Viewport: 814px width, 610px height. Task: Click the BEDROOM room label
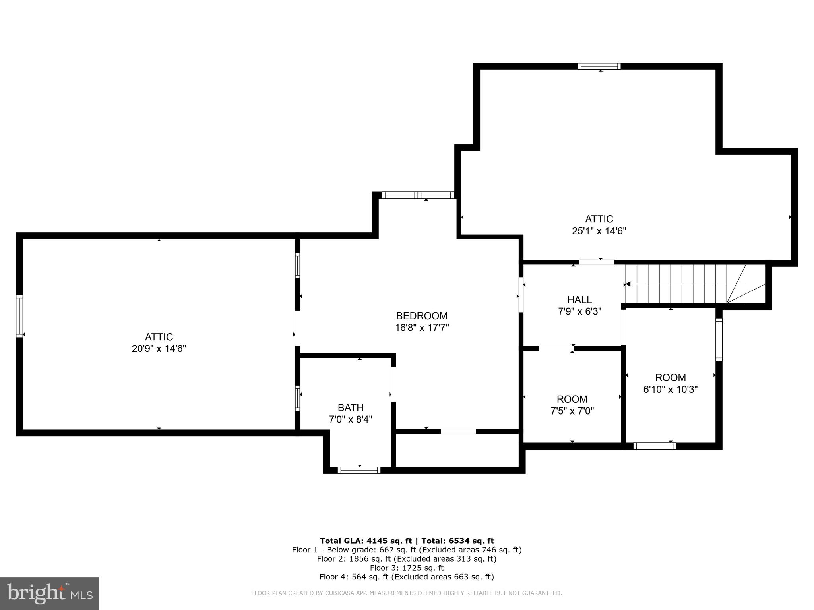[x=421, y=316]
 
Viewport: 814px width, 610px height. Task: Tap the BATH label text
[x=351, y=408]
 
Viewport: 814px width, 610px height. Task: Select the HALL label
[x=579, y=300]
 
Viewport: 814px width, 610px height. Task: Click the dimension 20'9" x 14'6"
[x=159, y=349]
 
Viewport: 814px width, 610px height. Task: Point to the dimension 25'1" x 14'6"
[x=599, y=231]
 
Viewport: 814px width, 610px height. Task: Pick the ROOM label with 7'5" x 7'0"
[x=572, y=399]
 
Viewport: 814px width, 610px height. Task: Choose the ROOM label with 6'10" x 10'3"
[x=670, y=378]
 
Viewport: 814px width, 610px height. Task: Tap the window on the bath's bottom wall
[x=359, y=470]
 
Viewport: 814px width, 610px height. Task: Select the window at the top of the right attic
[x=599, y=66]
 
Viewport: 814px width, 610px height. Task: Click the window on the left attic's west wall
[x=19, y=316]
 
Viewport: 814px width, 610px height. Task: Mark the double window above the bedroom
[x=417, y=195]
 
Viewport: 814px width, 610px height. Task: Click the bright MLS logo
[x=50, y=593]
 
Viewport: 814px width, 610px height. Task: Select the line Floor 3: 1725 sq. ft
[x=407, y=568]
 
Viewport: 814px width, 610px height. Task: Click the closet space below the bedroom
[x=457, y=450]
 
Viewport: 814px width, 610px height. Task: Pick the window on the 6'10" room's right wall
[x=719, y=340]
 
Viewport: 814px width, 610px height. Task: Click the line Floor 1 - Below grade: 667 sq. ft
[x=407, y=550]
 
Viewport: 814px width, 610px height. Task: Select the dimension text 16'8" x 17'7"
[x=421, y=328]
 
